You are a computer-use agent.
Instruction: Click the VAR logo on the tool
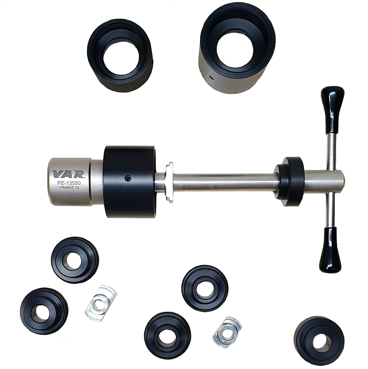69,174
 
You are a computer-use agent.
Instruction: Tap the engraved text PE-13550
69,183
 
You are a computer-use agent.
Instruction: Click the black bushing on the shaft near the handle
290,182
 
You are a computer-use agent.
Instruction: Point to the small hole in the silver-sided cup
211,77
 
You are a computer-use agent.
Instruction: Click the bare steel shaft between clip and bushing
224,183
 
